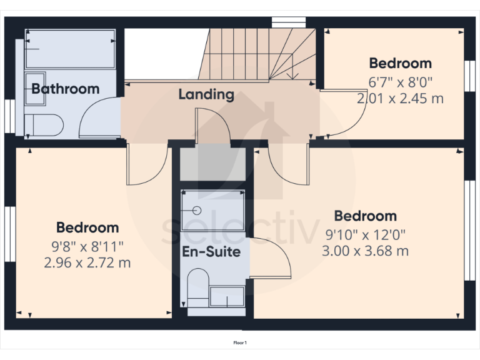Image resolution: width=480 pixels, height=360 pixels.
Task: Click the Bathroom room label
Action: click(65, 89)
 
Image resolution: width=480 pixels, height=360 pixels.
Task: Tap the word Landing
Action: click(206, 95)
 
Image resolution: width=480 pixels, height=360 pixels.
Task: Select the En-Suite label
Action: click(211, 252)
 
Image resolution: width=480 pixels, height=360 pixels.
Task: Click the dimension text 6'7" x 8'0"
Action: click(400, 82)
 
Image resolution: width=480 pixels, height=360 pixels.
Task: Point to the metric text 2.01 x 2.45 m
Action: click(400, 98)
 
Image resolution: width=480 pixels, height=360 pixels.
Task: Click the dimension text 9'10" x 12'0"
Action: click(366, 235)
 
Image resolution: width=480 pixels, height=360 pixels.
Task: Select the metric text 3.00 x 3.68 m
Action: click(366, 251)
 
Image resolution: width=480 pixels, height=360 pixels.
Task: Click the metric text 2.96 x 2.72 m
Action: click(87, 262)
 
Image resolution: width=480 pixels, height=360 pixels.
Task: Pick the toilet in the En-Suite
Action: click(197, 287)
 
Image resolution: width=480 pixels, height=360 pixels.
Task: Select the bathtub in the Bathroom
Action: click(70, 49)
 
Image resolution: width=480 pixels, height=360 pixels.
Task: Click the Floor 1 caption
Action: click(240, 342)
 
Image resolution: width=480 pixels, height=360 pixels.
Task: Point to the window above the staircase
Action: click(288, 22)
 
